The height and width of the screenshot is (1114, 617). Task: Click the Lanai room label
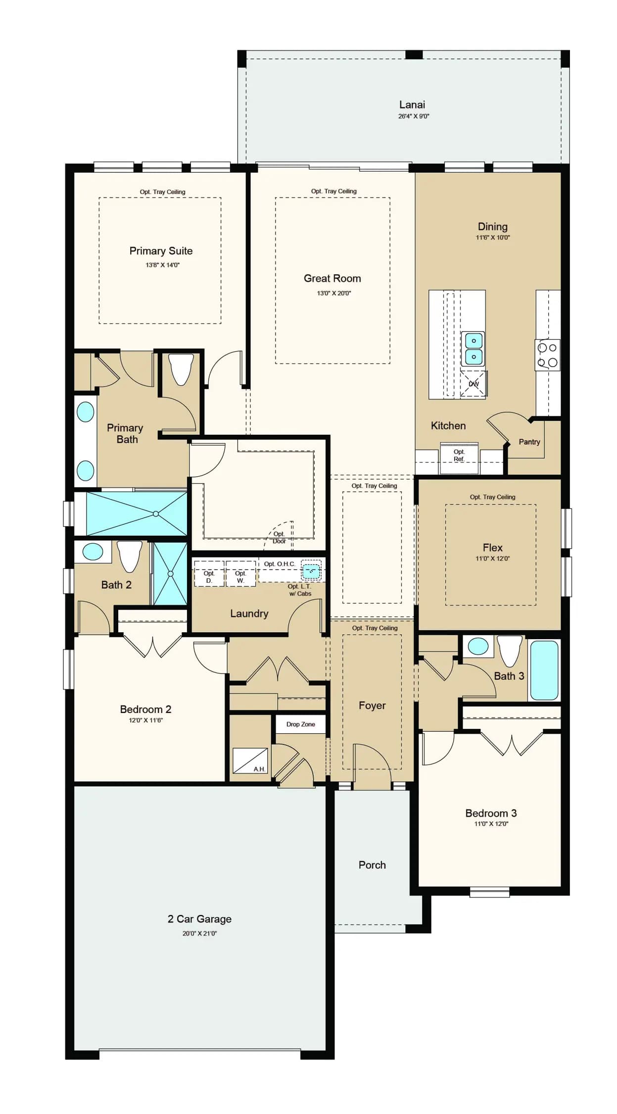[x=412, y=104]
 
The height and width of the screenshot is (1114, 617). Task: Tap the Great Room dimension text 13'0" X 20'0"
[x=334, y=293]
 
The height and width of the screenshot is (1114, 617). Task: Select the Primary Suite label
[x=161, y=251]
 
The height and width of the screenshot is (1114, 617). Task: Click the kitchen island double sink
[x=474, y=349]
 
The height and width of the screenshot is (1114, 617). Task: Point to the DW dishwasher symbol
[x=474, y=384]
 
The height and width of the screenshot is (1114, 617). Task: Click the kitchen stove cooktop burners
[x=548, y=355]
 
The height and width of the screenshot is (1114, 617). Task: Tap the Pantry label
[x=529, y=442]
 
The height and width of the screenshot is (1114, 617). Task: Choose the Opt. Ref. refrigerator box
[x=459, y=457]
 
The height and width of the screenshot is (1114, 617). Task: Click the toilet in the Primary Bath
[x=181, y=369]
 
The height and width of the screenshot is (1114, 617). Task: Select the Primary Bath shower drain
[x=156, y=514]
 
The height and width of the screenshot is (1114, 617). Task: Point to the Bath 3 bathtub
[x=544, y=669]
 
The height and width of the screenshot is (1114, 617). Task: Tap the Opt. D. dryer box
[x=209, y=574]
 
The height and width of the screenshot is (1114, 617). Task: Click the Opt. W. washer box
[x=240, y=574]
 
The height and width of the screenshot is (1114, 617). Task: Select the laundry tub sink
[x=311, y=571]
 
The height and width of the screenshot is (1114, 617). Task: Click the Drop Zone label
[x=301, y=724]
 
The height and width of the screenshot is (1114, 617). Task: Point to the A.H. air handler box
[x=250, y=760]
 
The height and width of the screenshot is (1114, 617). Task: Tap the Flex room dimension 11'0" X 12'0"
[x=492, y=558]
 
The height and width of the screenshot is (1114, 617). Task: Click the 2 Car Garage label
[x=199, y=919]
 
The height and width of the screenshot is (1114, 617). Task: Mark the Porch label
[x=372, y=865]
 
